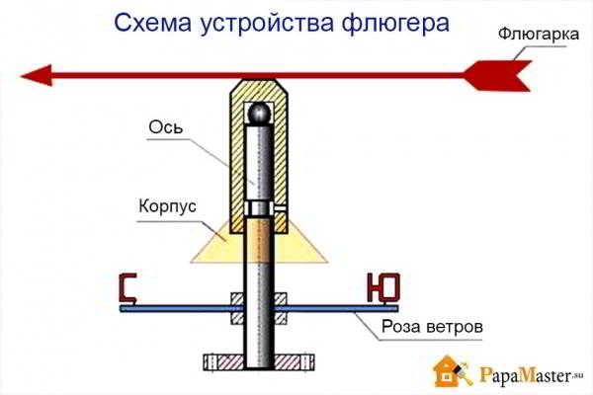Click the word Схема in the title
(x=153, y=24)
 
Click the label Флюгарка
(x=539, y=35)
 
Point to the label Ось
(x=166, y=127)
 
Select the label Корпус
(x=168, y=207)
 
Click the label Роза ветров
(x=432, y=326)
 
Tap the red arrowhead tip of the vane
(x=22, y=76)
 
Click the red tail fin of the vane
(x=498, y=75)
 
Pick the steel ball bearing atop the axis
(x=259, y=113)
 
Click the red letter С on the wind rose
(x=127, y=288)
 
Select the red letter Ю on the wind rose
(x=382, y=287)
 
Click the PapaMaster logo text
(x=527, y=375)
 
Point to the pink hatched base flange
(x=259, y=361)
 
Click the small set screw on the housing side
(x=280, y=207)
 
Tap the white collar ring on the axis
(x=259, y=207)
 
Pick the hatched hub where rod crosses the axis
(x=259, y=308)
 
